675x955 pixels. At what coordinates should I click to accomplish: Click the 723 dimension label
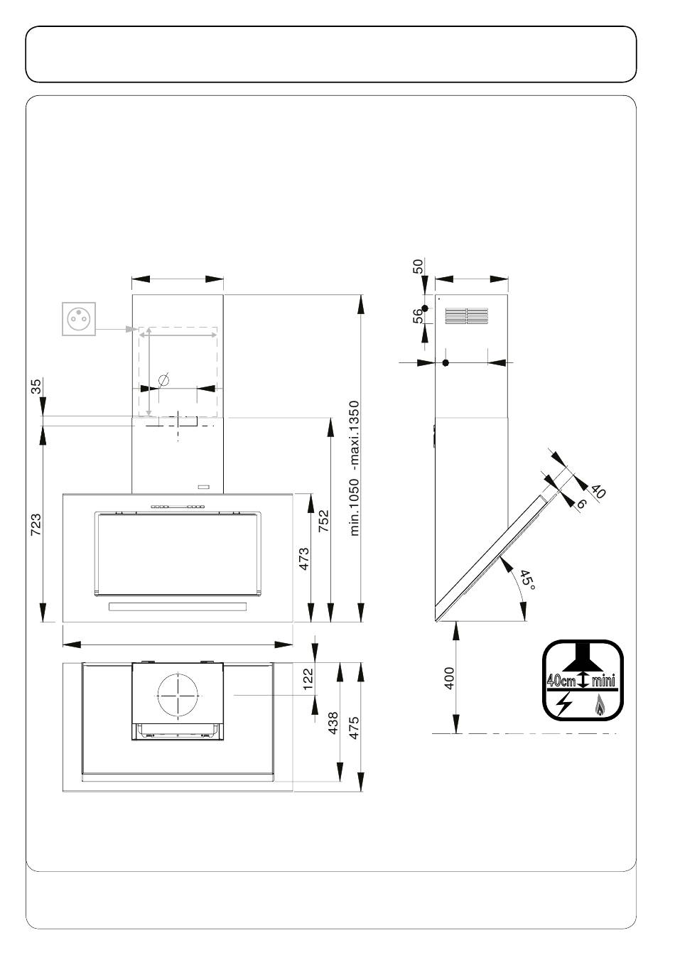point(36,525)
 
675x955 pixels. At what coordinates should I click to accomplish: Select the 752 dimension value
point(323,521)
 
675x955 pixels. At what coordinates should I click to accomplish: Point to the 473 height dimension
point(303,559)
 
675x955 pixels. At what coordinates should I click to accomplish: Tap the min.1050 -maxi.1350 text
point(355,468)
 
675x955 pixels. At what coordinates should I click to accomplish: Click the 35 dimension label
point(36,387)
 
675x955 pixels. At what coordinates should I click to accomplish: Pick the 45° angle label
point(527,581)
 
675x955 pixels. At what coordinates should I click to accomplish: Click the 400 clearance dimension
point(450,678)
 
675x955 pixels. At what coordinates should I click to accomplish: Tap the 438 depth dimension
point(333,723)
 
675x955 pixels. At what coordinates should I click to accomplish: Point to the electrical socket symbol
point(79,319)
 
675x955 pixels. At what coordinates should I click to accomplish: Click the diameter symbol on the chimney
point(163,379)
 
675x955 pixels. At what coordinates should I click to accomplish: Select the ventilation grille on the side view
point(467,316)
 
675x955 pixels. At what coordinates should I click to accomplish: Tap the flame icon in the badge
point(600,705)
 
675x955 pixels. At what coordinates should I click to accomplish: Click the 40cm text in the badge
point(561,680)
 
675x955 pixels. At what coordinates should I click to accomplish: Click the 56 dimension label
point(418,315)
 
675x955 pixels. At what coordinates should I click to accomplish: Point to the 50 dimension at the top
point(418,266)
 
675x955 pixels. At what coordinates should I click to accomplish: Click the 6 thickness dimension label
point(581,504)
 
